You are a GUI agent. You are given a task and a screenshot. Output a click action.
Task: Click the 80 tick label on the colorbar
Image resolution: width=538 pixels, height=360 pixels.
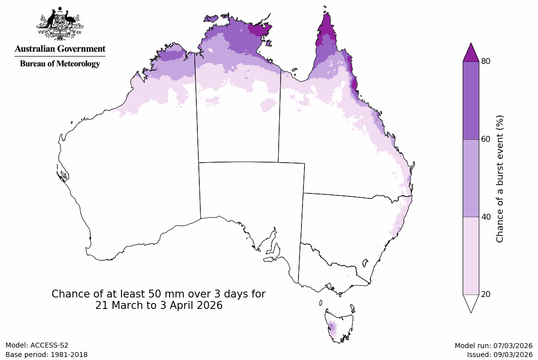point(486,61)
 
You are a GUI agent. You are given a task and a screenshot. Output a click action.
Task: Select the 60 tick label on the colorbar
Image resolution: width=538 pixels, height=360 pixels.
point(486,139)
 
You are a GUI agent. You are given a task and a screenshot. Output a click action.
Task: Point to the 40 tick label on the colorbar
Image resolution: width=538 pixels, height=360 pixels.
point(486,217)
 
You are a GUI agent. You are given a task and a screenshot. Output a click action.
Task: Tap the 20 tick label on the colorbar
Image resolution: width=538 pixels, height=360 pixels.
point(486,294)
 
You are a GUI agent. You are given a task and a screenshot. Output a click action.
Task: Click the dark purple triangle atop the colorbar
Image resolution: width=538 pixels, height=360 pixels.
point(471,54)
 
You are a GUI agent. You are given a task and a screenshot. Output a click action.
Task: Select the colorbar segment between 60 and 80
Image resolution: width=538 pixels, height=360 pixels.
point(471,100)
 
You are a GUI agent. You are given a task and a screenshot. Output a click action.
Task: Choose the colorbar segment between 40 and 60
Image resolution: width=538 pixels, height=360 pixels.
point(471,178)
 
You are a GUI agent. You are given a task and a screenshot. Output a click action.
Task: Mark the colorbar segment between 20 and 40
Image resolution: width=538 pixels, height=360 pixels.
point(471,255)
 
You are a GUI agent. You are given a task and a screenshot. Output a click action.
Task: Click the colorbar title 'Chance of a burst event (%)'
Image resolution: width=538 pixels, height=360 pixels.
point(500,179)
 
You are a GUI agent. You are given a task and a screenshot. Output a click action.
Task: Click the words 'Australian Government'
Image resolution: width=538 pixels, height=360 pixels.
point(60,49)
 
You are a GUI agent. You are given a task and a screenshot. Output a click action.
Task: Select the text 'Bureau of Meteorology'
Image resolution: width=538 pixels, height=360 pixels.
point(60,63)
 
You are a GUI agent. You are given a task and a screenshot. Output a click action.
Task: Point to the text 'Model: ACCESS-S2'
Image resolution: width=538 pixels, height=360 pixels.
point(37,345)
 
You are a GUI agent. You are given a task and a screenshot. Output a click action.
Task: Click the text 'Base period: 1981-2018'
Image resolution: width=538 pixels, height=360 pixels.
point(47,355)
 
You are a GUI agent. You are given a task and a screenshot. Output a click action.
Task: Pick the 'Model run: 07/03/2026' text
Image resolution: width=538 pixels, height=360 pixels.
point(493,346)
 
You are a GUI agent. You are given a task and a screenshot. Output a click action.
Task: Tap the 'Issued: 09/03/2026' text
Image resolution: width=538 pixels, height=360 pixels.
point(499,355)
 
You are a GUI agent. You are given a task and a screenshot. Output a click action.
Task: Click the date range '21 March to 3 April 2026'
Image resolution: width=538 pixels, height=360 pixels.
point(159,305)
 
